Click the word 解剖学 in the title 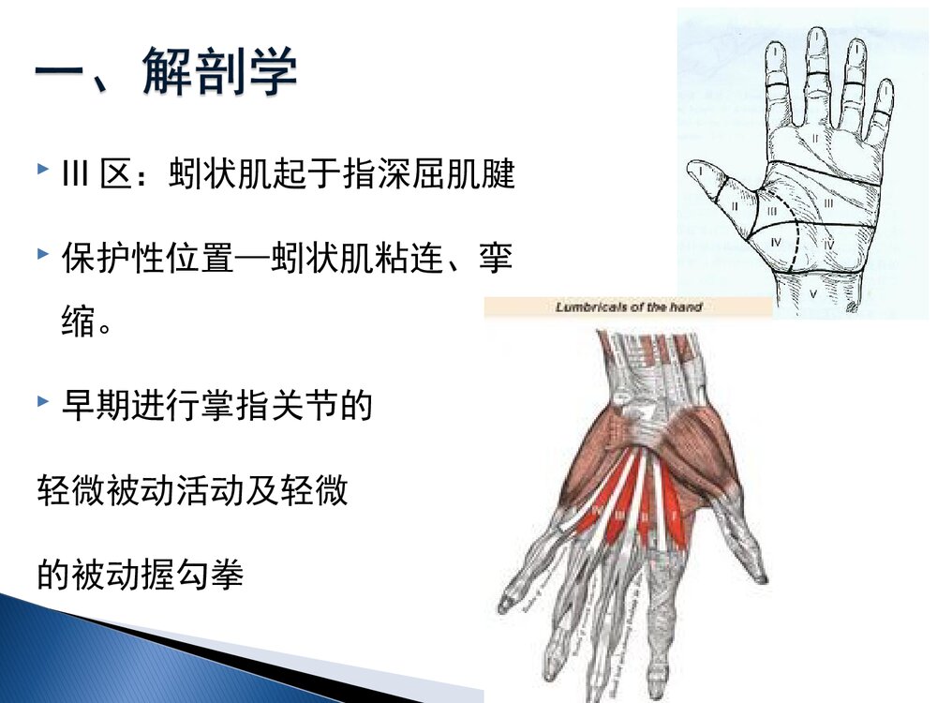(220, 72)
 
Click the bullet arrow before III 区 (43, 171)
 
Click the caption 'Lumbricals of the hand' (629, 307)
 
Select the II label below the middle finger (815, 138)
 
